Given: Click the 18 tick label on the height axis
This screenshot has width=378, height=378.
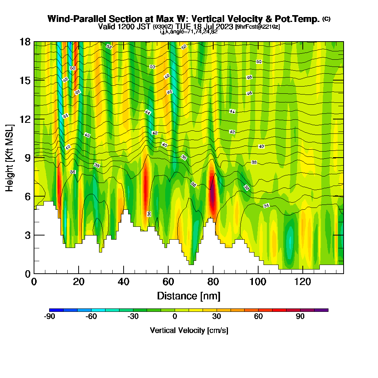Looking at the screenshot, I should pos(25,42).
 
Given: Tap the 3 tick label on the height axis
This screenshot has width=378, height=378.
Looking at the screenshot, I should pos(27,235).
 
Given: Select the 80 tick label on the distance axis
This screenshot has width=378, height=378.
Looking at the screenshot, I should pos(213,282).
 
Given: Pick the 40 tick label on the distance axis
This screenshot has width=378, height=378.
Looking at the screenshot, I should pos(124,282).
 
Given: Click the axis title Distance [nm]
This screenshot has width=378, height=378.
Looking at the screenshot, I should pos(189,296).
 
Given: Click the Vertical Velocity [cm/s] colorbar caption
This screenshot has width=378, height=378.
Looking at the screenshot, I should pos(189,330).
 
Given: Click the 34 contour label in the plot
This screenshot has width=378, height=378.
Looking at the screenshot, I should pos(266,206).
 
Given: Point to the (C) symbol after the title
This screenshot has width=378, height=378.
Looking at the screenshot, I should pos(326,19).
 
